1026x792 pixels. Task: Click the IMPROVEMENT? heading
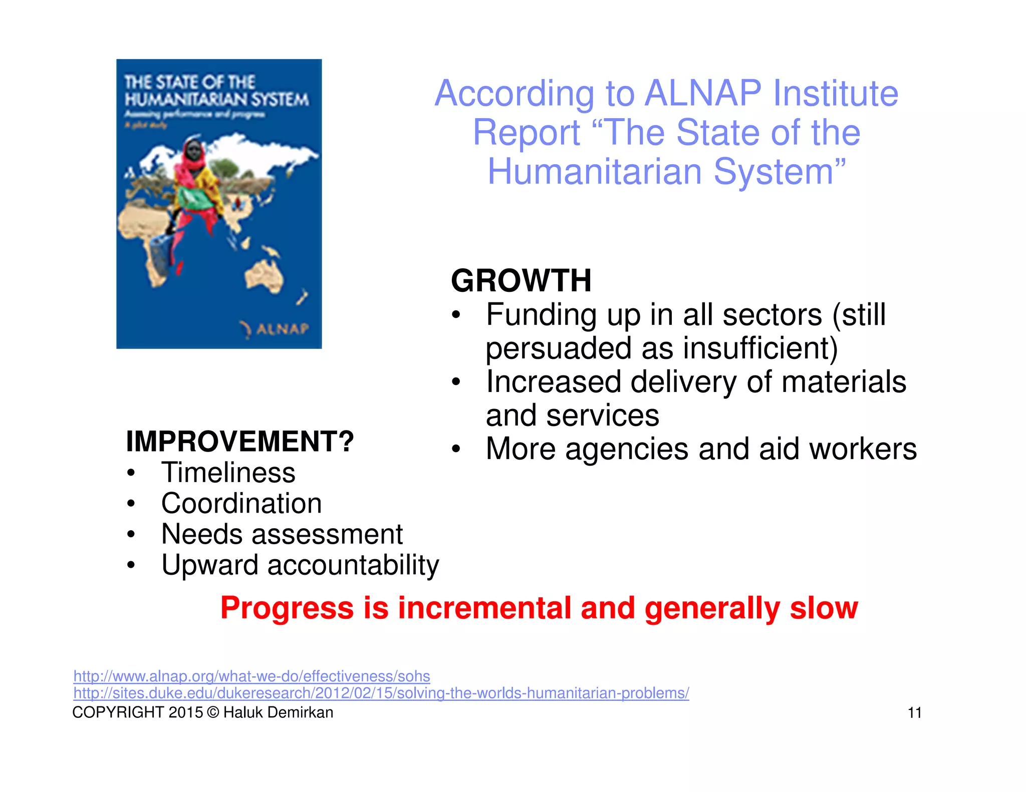240,442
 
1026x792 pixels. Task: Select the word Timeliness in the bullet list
228,473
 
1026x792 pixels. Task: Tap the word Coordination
241,503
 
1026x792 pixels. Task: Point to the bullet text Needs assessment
282,534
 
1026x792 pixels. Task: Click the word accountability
353,565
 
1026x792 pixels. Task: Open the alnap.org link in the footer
251,676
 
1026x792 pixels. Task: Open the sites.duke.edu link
381,693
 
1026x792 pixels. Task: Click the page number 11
914,713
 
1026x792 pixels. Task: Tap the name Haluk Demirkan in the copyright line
278,712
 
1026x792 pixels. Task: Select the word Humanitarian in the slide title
595,172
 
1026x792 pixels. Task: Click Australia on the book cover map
264,276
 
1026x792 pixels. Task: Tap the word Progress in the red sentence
287,608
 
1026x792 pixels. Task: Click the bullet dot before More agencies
455,449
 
